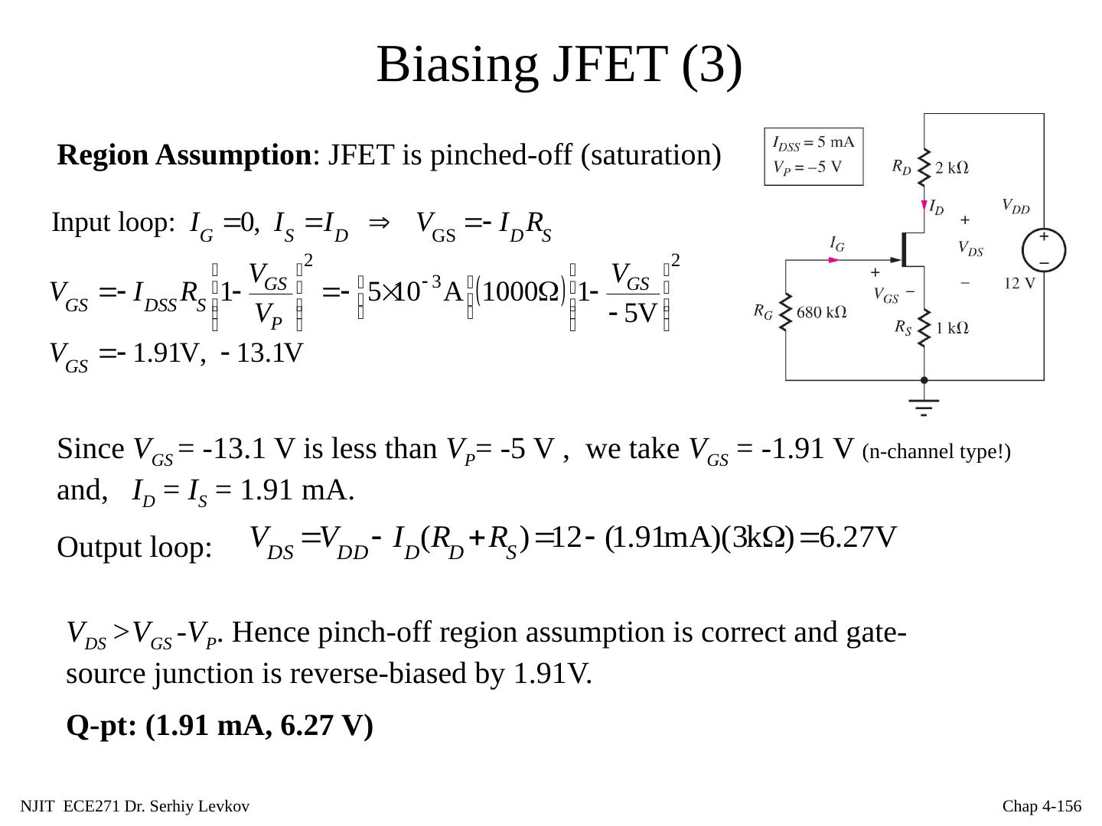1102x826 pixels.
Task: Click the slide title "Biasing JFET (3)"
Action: (x=559, y=64)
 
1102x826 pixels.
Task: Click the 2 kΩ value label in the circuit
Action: (x=952, y=168)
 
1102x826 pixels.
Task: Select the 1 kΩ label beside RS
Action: (x=953, y=328)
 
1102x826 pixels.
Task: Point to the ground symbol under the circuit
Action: (x=924, y=406)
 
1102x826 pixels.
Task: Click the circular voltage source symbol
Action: (x=1044, y=249)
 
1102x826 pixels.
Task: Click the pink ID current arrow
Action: (x=923, y=205)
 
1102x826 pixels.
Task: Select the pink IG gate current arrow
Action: (x=833, y=260)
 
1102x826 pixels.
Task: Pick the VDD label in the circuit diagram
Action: (x=1016, y=206)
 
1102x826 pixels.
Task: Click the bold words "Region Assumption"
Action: (x=183, y=155)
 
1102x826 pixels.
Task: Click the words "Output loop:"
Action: (x=134, y=548)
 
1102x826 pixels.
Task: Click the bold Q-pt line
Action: (x=220, y=725)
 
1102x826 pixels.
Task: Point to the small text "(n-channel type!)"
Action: (x=936, y=452)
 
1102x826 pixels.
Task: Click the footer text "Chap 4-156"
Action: (x=1042, y=806)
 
